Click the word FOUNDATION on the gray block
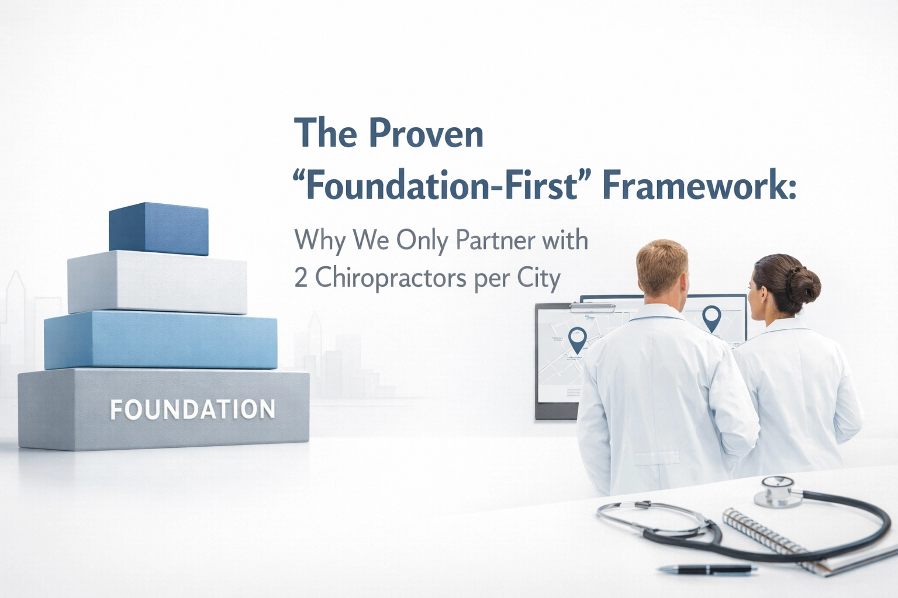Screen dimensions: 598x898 point(192,409)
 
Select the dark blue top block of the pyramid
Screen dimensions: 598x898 point(158,229)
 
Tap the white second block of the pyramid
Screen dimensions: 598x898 point(157,283)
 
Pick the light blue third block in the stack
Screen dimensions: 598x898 point(160,340)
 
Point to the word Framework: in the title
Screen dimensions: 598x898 point(699,186)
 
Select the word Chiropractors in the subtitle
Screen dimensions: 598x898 point(391,279)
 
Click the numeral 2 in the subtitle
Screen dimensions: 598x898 point(301,279)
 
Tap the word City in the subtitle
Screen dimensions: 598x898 point(538,279)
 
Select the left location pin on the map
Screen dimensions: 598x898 point(577,339)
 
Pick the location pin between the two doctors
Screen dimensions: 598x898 point(712,318)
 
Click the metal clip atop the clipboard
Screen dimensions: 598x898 point(592,307)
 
